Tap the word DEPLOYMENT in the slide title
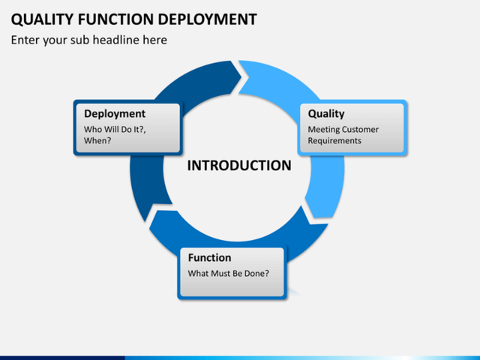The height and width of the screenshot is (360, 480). click(x=205, y=19)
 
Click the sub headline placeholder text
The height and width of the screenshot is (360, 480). click(x=88, y=40)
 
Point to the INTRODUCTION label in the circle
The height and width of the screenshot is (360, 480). click(x=238, y=166)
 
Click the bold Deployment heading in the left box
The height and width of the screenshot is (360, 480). click(x=114, y=114)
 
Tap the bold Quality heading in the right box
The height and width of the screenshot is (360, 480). click(x=326, y=114)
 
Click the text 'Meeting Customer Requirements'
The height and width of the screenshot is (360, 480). click(x=343, y=135)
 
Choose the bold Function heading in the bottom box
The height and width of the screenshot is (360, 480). click(x=209, y=258)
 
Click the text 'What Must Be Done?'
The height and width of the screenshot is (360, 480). click(x=228, y=273)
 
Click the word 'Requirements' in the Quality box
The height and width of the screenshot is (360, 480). click(x=334, y=140)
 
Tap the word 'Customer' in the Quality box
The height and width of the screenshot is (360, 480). click(x=361, y=129)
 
